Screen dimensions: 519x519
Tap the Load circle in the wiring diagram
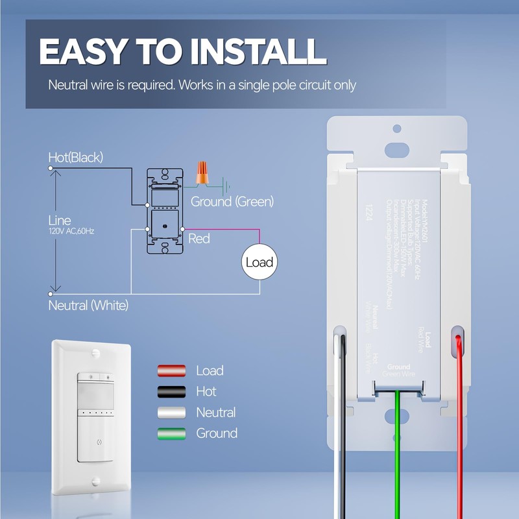[259, 263]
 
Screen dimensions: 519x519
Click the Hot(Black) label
[76, 157]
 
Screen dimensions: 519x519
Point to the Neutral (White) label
[88, 305]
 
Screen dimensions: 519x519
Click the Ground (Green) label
[232, 202]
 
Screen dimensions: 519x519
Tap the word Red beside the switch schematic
[199, 239]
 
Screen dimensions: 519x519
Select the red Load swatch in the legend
[171, 371]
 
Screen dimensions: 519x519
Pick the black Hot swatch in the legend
[171, 392]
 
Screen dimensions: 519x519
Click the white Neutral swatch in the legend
[171, 413]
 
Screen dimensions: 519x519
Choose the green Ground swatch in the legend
[171, 433]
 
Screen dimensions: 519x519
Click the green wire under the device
[398, 454]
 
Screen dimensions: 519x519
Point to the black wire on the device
[342, 441]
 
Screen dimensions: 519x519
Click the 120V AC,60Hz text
[71, 231]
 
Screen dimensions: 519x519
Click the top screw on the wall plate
[95, 352]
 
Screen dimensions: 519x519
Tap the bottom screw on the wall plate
[95, 481]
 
